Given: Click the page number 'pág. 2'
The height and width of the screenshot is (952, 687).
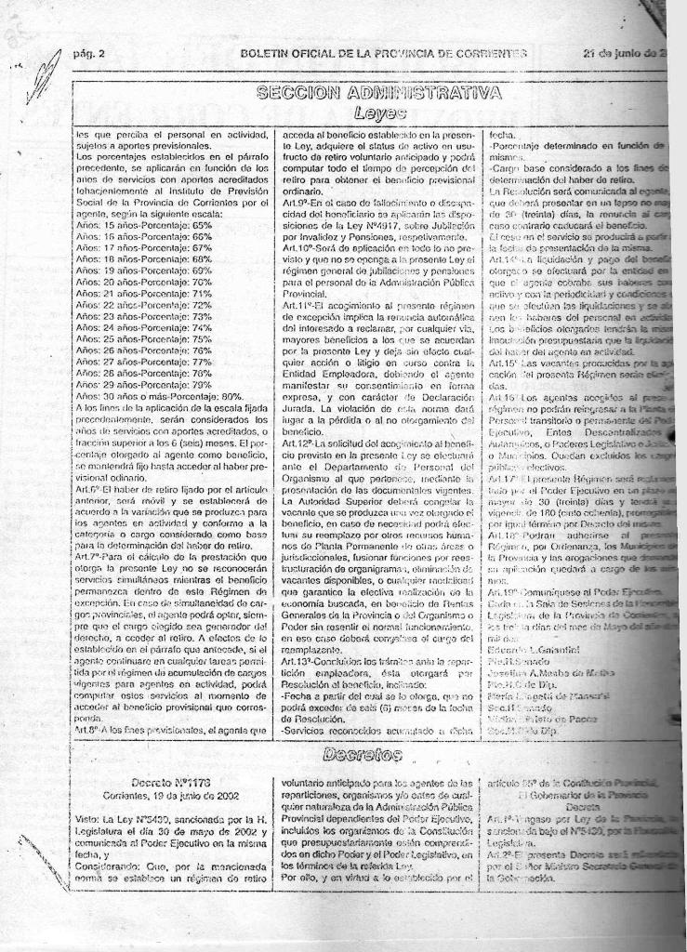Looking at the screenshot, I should pos(88,53).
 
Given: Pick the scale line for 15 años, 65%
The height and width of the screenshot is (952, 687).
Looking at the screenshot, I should pos(144,225).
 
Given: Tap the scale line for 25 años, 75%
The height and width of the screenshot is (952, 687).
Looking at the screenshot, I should pos(144,339).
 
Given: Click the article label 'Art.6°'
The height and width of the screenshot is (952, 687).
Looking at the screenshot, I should pos(87,487).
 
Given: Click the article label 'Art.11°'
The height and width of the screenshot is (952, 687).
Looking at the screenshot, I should pos(297,305).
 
